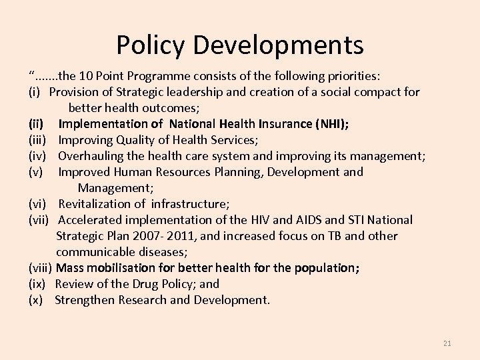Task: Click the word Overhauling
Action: [x=91, y=155]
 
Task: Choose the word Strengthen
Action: [x=85, y=299]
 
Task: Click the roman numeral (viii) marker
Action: [x=41, y=267]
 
